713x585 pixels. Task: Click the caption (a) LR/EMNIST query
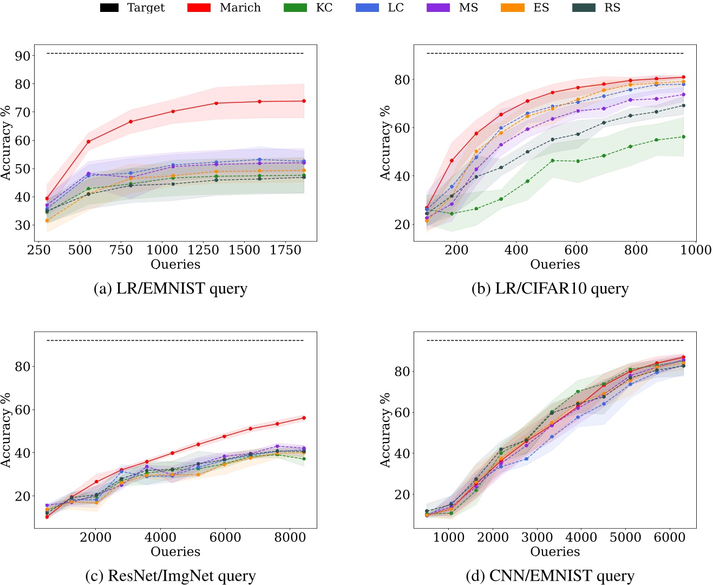pyautogui.click(x=171, y=289)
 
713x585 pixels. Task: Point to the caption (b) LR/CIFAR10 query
pyautogui.click(x=550, y=289)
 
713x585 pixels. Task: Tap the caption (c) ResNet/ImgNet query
pyautogui.click(x=171, y=576)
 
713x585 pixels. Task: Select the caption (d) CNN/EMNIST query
pyautogui.click(x=550, y=576)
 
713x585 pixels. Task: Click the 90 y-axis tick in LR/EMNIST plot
pyautogui.click(x=23, y=56)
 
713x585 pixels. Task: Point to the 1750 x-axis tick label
pyautogui.click(x=285, y=250)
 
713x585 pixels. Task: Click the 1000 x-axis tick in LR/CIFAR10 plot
pyautogui.click(x=696, y=250)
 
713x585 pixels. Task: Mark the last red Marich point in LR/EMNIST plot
pyautogui.click(x=304, y=101)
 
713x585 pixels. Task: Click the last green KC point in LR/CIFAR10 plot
pyautogui.click(x=683, y=137)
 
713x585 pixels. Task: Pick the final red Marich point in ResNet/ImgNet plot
pyautogui.click(x=304, y=418)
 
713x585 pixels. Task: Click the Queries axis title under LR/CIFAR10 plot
pyautogui.click(x=555, y=264)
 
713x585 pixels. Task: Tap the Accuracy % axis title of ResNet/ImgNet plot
pyautogui.click(x=6, y=430)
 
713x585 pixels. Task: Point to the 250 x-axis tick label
pyautogui.click(x=39, y=250)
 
